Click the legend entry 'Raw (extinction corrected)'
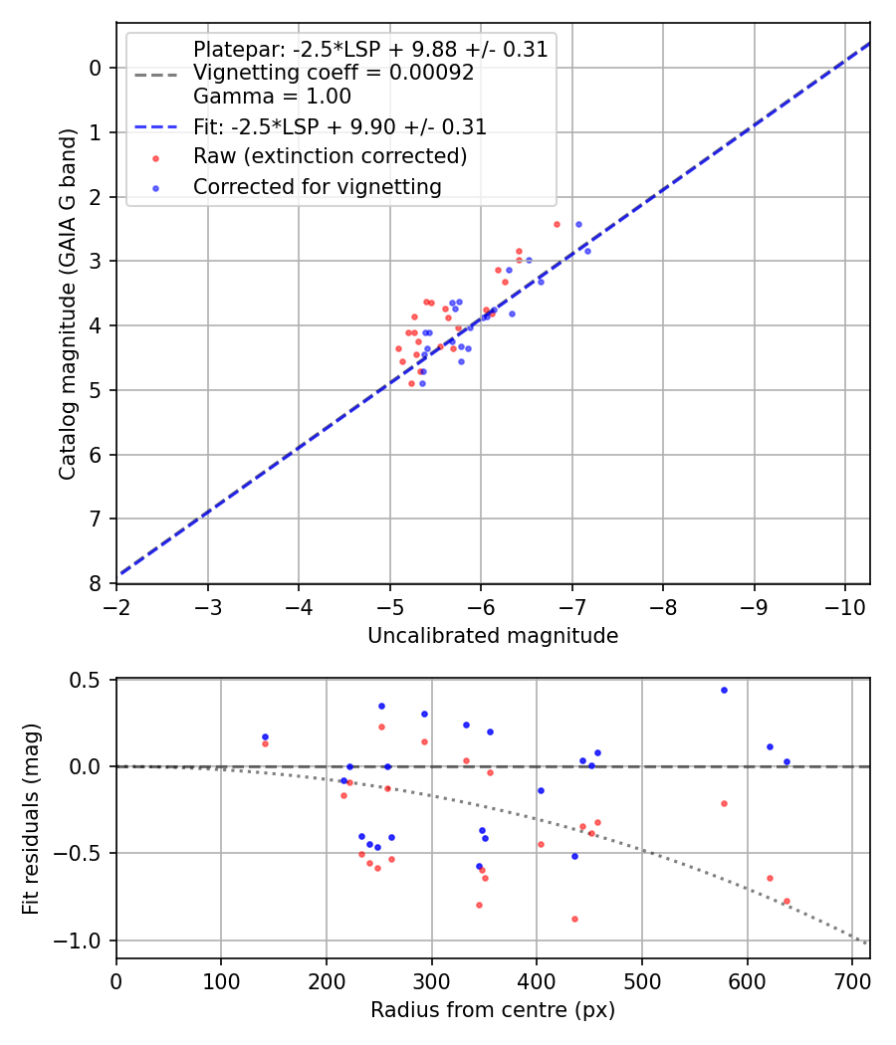tap(330, 156)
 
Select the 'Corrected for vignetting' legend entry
tap(317, 186)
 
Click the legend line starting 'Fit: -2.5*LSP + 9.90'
tap(339, 127)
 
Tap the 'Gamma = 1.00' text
tap(272, 97)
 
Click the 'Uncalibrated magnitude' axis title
tap(493, 636)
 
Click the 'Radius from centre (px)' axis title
tap(493, 1011)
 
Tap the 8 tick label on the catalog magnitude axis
tap(96, 583)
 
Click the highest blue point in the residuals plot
tap(724, 690)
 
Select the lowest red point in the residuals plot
tap(574, 919)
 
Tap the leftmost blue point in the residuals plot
tap(265, 736)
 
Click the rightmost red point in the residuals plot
tap(786, 901)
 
